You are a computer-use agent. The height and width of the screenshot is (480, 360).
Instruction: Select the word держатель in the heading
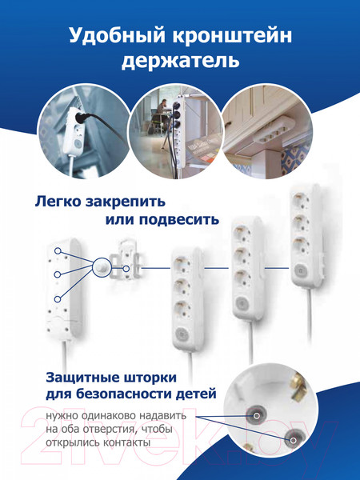(x=180, y=61)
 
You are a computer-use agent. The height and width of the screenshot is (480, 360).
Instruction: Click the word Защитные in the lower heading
(x=82, y=378)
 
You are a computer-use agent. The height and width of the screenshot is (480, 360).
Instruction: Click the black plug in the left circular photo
(x=82, y=117)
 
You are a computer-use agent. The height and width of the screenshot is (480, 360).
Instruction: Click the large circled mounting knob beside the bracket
(x=102, y=267)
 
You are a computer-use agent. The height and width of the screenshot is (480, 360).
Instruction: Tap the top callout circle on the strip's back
(x=58, y=251)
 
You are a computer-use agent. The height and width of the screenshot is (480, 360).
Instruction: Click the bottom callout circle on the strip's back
(x=58, y=299)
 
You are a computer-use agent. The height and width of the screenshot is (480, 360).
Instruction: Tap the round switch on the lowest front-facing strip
(x=182, y=334)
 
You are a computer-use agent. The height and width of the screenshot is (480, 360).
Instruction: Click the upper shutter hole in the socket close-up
(x=257, y=414)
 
